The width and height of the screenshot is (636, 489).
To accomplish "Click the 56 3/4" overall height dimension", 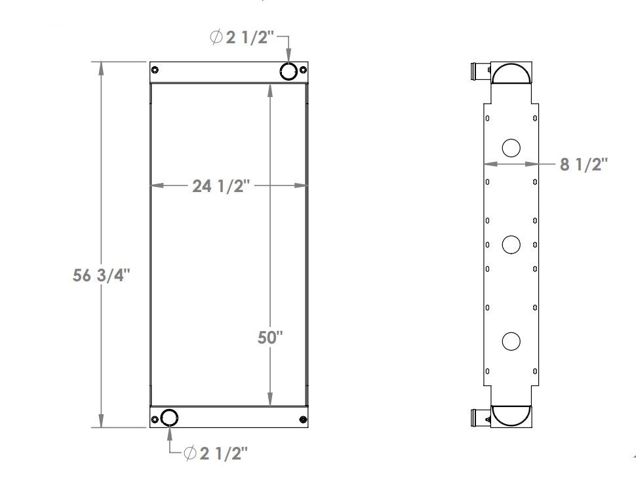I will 102,276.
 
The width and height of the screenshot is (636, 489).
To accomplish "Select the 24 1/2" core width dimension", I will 222,186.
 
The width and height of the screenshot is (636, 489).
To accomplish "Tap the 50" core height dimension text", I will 269,339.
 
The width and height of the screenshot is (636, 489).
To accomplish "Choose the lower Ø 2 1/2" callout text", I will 215,453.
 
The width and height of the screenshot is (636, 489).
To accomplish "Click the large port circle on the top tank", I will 289,71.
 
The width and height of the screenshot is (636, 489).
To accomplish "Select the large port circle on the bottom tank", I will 169,418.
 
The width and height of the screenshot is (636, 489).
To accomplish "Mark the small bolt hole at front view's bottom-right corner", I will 302,420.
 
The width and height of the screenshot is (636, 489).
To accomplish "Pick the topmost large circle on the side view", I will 511,147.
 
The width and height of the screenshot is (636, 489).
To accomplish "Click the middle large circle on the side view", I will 511,245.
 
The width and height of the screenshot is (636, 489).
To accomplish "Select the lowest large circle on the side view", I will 511,341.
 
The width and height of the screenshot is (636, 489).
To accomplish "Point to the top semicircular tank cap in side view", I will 512,73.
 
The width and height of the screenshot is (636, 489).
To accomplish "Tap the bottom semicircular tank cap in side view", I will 511,414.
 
